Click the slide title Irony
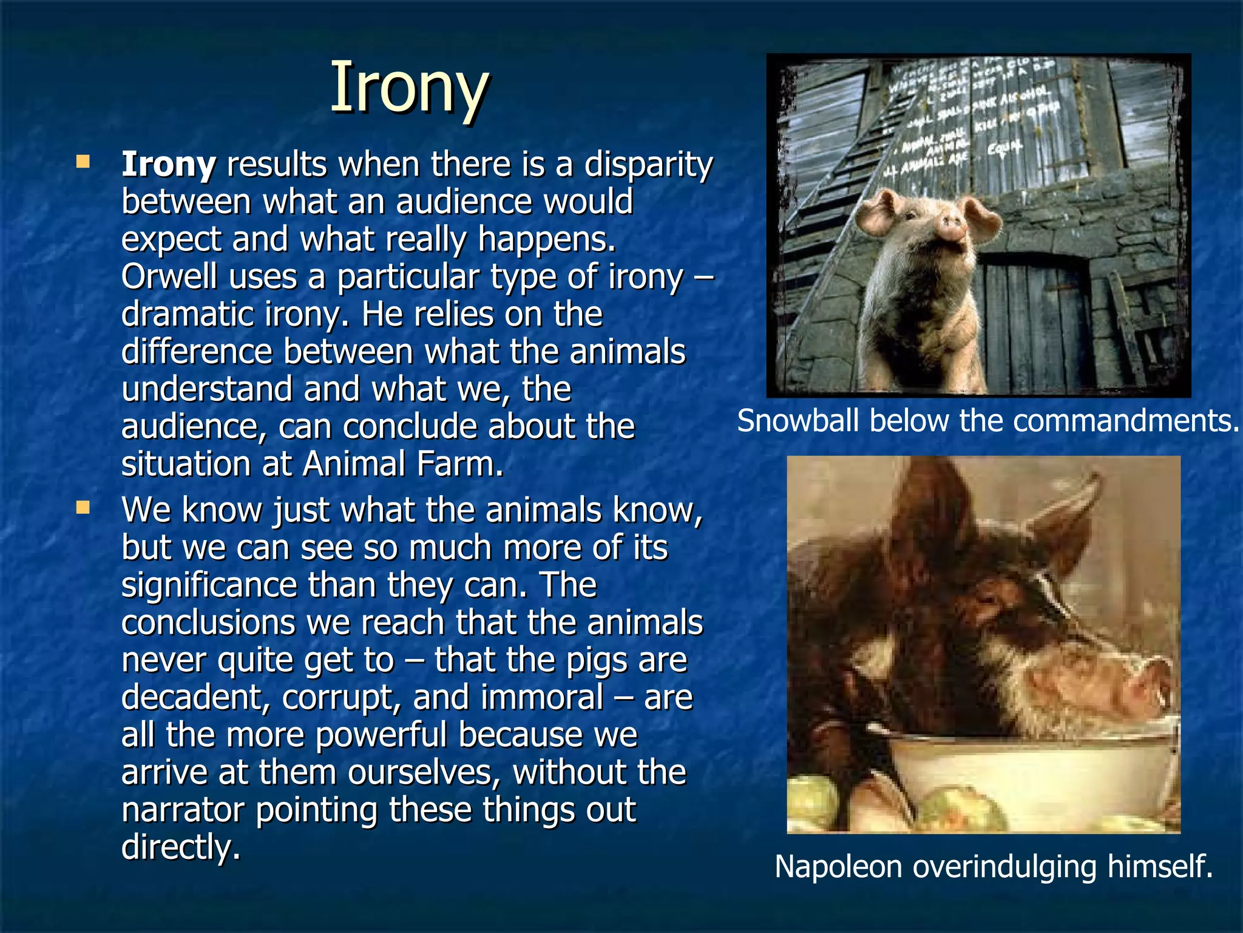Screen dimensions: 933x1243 click(409, 88)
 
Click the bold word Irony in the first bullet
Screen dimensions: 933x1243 click(169, 165)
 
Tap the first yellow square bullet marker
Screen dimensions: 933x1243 click(83, 162)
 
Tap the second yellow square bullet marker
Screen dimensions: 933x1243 click(83, 507)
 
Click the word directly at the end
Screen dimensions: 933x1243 click(180, 847)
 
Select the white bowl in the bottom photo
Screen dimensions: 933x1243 click(971, 771)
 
